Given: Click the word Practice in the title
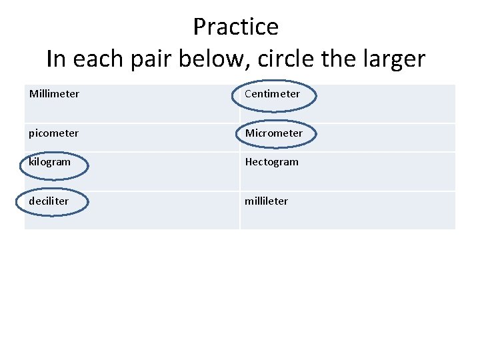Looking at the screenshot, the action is tap(235, 27).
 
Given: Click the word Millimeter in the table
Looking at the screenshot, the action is tap(54, 94).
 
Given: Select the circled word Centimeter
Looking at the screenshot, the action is tap(272, 94).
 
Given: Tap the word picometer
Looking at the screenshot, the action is tap(53, 133).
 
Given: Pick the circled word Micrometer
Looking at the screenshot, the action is tap(273, 133).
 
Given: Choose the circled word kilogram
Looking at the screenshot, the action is tap(50, 162).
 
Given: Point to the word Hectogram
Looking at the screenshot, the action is tap(271, 162).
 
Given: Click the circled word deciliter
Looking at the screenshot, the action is tap(49, 201).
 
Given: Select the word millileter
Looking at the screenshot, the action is tap(266, 201).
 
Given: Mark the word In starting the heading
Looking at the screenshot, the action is tap(57, 59).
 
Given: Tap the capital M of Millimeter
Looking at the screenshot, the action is tap(33, 94).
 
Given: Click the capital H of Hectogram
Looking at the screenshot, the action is tap(249, 162).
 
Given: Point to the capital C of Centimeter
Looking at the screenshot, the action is tap(248, 94).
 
